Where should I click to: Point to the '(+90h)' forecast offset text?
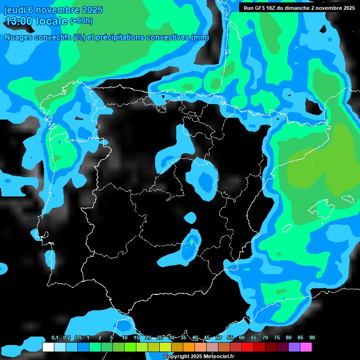(x=81, y=21)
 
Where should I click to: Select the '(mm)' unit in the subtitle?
(x=200, y=37)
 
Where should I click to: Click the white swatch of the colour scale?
(x=48, y=347)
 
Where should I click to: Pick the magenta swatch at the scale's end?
(x=306, y=347)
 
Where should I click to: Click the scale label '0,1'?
(x=55, y=338)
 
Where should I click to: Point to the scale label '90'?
(x=312, y=338)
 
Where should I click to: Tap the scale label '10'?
(x=125, y=338)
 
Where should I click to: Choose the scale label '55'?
(x=230, y=338)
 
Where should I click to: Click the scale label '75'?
(x=277, y=338)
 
